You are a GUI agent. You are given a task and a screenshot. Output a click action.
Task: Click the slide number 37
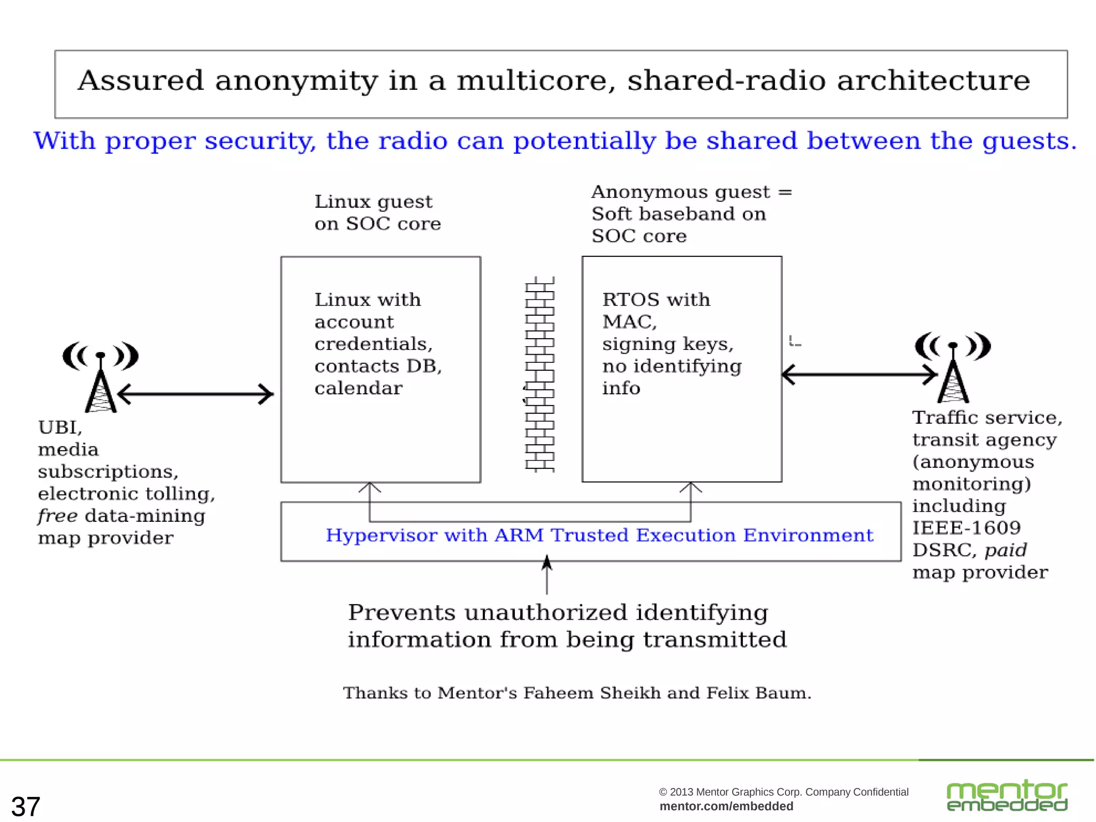[26, 806]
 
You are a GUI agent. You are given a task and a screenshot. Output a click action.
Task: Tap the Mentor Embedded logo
[1007, 796]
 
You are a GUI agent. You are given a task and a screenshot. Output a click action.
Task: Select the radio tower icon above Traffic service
[953, 367]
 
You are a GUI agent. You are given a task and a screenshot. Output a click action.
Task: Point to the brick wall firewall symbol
[539, 375]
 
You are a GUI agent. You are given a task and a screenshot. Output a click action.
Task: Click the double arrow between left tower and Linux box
[195, 394]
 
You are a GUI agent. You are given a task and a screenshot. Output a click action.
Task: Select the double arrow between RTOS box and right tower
[859, 375]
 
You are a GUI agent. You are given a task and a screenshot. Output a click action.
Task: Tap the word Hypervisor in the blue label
[380, 535]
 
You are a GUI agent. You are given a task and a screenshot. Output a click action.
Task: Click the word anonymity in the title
[296, 81]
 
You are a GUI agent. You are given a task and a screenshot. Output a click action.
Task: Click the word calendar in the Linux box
[358, 388]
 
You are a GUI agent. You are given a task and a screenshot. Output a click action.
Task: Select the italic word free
[57, 516]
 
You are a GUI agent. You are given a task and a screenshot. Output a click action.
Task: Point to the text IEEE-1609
[966, 528]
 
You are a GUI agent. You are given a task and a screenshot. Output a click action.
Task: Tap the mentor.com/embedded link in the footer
[726, 806]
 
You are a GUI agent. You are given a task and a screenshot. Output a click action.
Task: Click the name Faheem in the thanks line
[558, 693]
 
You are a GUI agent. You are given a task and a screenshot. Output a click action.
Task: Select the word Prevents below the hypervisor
[401, 613]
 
